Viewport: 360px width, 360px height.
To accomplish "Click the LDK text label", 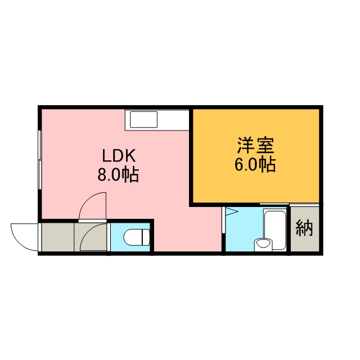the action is [119, 156].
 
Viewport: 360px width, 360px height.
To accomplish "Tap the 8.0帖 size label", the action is [119, 175].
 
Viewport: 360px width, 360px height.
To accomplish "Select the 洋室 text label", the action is [255, 145].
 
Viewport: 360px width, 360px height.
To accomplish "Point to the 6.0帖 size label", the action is [255, 165].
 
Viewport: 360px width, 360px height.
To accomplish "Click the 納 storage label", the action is [304, 228].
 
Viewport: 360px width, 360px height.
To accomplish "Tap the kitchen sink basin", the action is [144, 119].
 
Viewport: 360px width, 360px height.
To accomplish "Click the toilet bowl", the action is [133, 237].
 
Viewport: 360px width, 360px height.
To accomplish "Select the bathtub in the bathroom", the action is [275, 229].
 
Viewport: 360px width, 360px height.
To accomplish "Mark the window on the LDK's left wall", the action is [40, 160].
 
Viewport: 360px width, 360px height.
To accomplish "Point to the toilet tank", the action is [146, 237].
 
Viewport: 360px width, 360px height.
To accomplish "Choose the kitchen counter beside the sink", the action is [173, 120].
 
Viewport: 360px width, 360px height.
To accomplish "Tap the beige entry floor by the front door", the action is [57, 237].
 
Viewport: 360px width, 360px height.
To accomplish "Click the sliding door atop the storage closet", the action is [304, 204].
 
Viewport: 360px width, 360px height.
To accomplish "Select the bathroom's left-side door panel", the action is [223, 220].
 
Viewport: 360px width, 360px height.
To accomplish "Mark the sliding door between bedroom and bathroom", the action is [274, 204].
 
